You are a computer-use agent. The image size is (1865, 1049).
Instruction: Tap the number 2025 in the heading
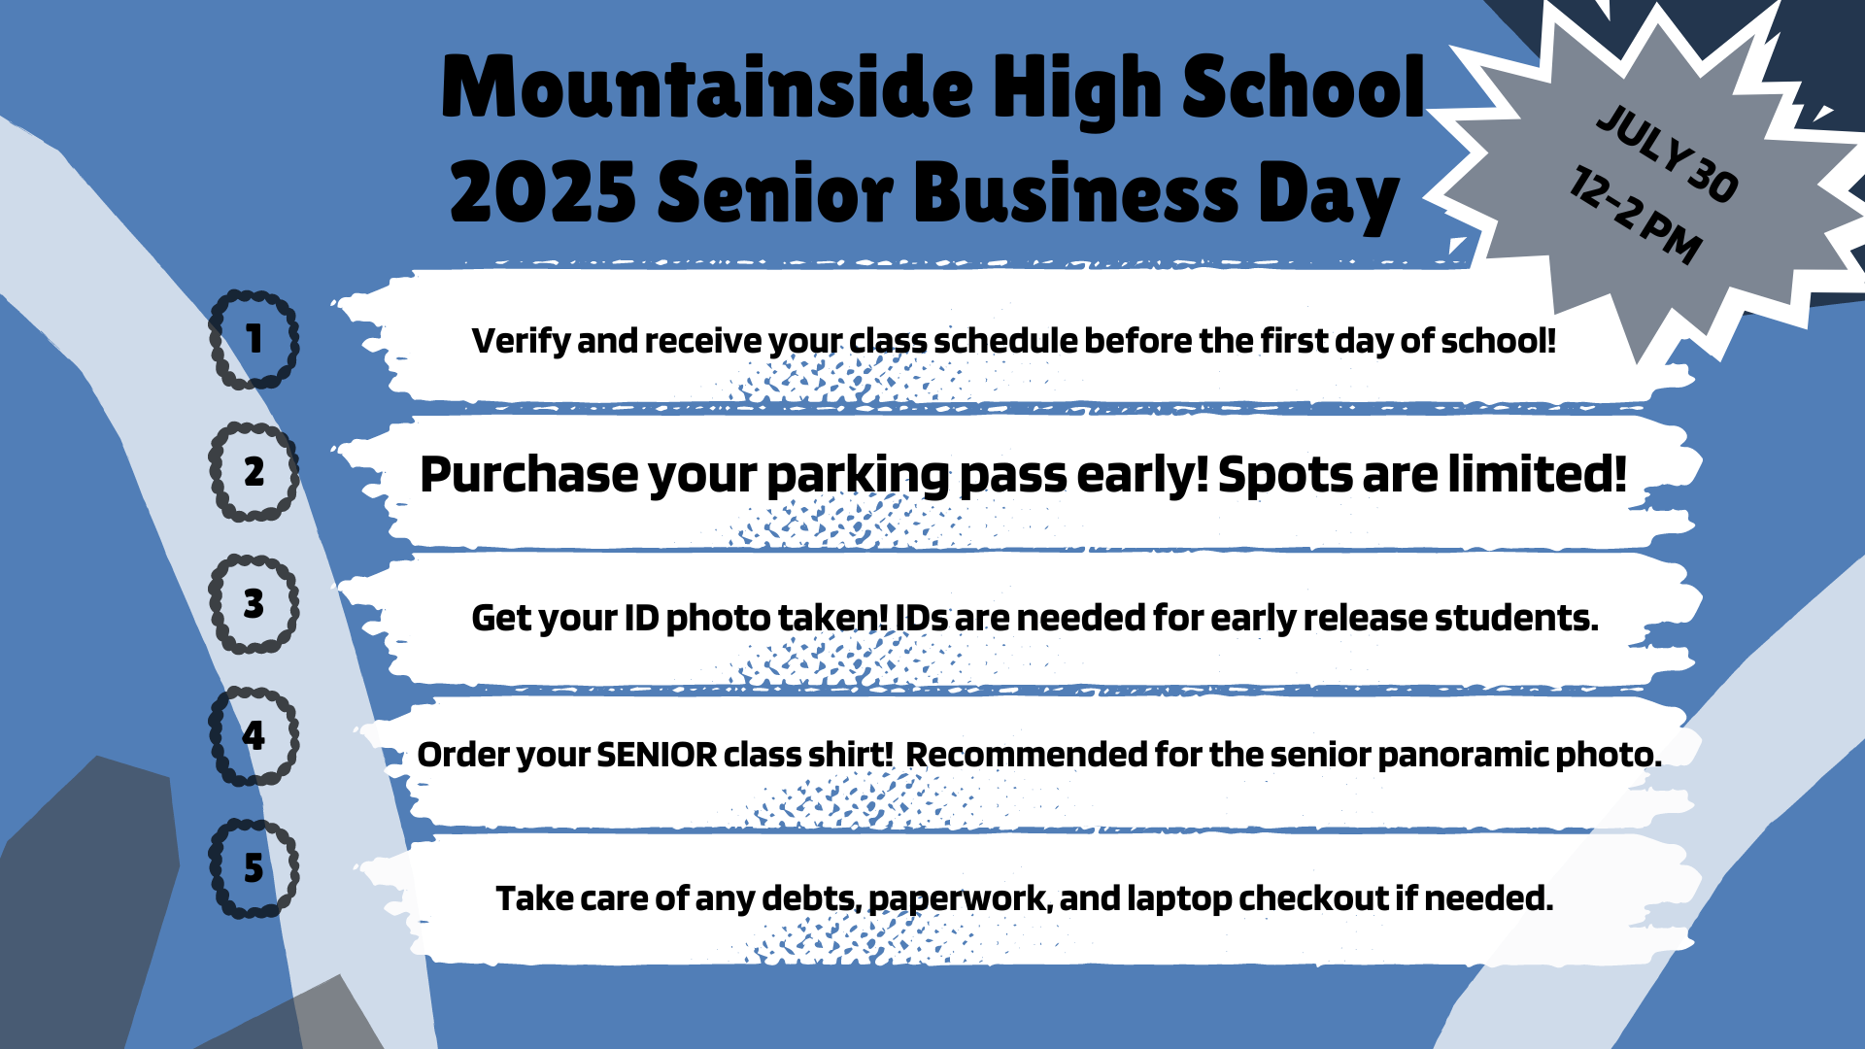click(x=543, y=193)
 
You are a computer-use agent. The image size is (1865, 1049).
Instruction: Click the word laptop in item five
click(x=1179, y=899)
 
